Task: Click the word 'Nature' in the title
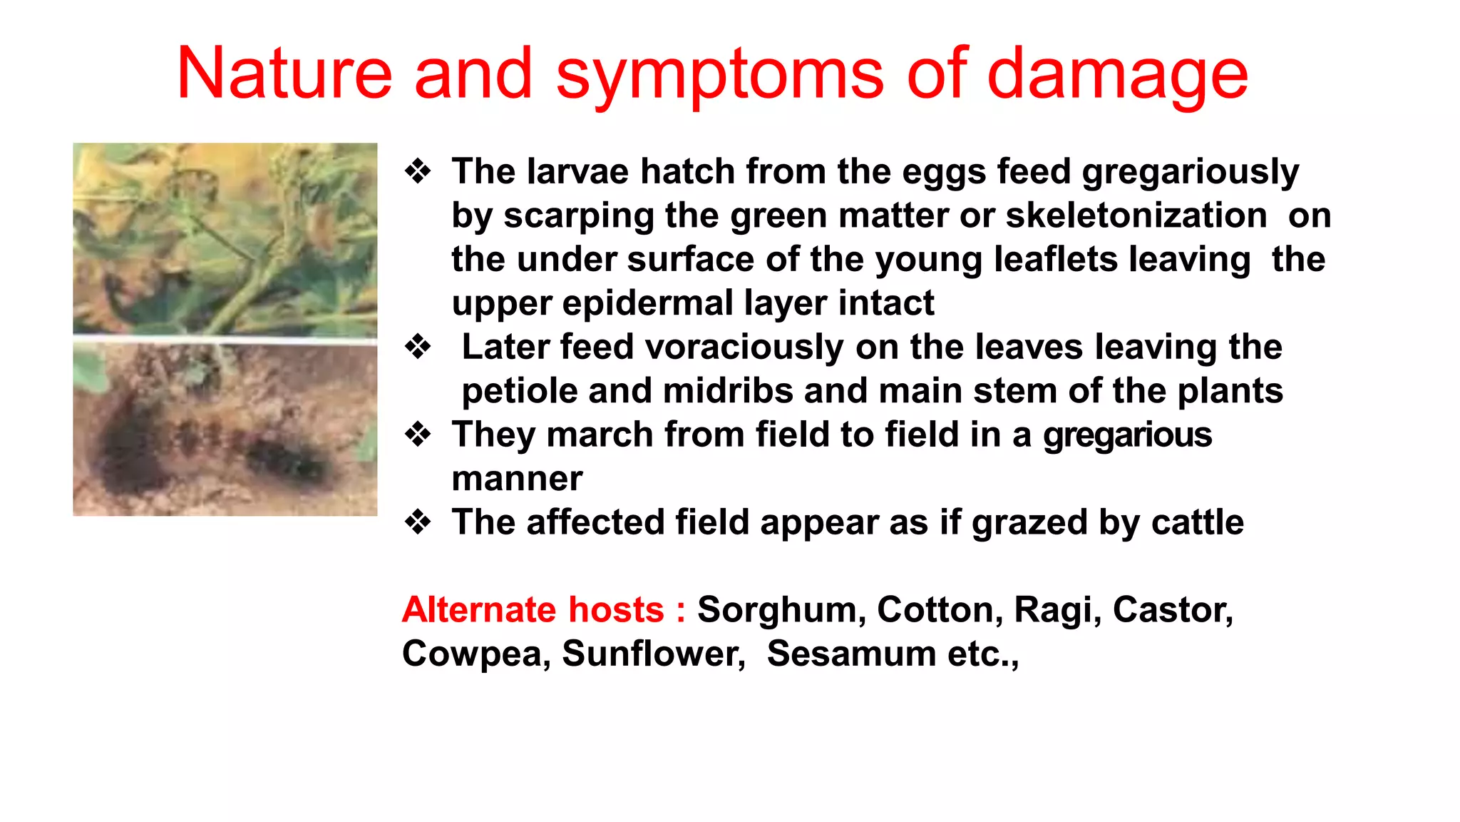tap(284, 73)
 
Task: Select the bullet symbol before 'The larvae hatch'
tap(418, 171)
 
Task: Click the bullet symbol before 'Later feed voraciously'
tap(418, 347)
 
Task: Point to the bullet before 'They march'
tap(418, 435)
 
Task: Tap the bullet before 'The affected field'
tap(418, 522)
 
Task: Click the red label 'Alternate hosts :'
tap(543, 610)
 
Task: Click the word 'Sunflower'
tap(653, 654)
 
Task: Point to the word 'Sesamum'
tap(851, 654)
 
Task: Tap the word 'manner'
tap(517, 479)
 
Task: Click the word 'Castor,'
tap(1173, 610)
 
